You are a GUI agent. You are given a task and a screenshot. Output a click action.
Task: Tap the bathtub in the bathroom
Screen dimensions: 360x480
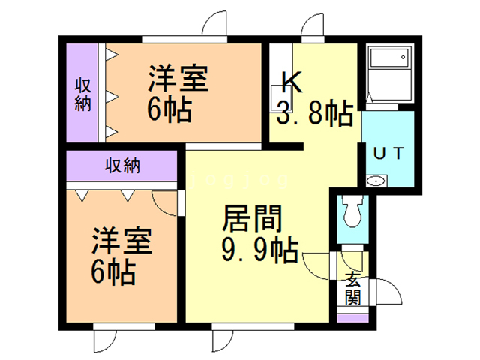coord(388,70)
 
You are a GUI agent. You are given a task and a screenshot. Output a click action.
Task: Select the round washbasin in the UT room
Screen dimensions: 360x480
coord(374,181)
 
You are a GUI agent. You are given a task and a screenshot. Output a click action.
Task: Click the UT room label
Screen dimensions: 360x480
coord(388,153)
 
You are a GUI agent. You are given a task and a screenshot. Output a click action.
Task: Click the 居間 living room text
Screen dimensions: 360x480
coord(252,220)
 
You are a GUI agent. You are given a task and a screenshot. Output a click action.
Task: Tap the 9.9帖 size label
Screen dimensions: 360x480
coord(260,247)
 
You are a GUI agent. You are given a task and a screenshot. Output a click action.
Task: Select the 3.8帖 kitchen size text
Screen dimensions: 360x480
coord(315,114)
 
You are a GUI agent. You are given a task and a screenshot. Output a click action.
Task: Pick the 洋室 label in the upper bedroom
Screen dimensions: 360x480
coord(177,79)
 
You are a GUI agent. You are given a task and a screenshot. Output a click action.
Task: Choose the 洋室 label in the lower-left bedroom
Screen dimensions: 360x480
coord(122,241)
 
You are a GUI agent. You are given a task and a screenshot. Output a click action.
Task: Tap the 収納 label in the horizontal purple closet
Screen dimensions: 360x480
coord(122,166)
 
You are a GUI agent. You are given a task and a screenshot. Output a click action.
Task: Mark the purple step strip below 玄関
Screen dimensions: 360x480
coord(352,316)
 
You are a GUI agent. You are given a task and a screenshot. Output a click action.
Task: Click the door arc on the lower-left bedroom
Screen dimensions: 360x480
coord(165,202)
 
